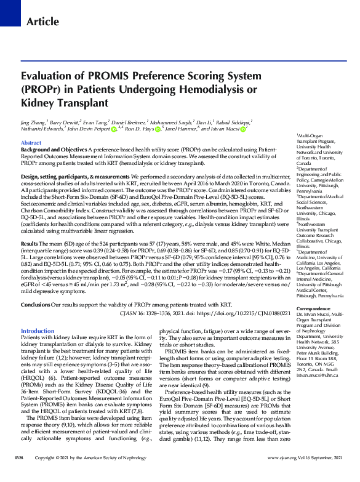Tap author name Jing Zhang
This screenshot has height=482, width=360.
click(32, 123)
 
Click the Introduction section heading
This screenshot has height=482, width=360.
click(38, 331)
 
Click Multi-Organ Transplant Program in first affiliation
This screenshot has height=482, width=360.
click(313, 139)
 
